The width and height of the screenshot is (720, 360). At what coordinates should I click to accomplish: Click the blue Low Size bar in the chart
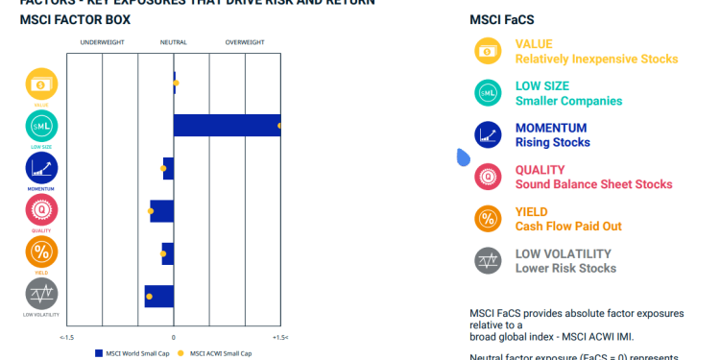tap(227, 125)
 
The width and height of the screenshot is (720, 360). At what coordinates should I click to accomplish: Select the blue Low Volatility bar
tap(159, 297)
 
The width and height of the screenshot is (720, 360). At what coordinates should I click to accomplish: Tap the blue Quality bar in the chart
tap(161, 211)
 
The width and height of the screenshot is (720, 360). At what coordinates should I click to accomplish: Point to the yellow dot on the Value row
tap(176, 84)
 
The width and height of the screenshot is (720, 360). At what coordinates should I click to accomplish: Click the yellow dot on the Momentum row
tap(163, 168)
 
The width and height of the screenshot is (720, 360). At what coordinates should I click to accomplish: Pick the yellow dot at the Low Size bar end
tap(279, 126)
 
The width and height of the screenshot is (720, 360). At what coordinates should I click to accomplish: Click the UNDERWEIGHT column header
tap(102, 42)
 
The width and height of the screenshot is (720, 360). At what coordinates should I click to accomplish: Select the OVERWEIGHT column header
tap(245, 42)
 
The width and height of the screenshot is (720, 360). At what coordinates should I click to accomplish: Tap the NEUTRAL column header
tap(174, 42)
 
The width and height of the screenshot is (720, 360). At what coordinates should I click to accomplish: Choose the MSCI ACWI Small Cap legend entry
tap(218, 353)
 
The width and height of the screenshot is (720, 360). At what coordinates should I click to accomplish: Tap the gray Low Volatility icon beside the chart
tap(41, 294)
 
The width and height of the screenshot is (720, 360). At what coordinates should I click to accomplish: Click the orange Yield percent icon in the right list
tap(488, 219)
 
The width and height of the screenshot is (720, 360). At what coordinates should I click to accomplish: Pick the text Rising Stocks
tap(553, 142)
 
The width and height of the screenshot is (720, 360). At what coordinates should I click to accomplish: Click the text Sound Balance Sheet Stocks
tap(593, 184)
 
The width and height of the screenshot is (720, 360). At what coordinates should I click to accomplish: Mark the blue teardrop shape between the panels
tap(463, 156)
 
